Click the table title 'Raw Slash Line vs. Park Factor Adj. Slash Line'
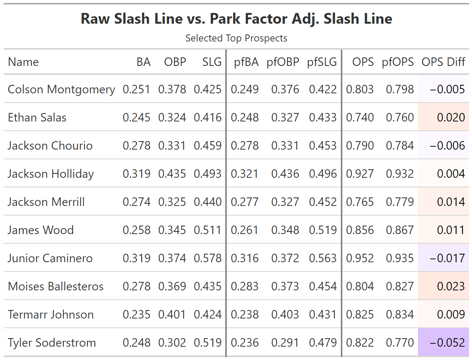click(x=236, y=19)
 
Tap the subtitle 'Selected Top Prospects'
click(x=236, y=38)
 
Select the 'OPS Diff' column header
click(x=443, y=62)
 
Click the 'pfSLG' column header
click(x=322, y=62)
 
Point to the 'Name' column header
click(x=23, y=62)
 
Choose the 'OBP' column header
click(x=175, y=62)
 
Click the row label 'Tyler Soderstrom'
click(x=52, y=343)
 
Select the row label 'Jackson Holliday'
click(x=51, y=174)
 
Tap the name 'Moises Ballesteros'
click(x=56, y=286)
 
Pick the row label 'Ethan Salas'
click(x=37, y=117)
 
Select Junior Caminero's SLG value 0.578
click(x=207, y=258)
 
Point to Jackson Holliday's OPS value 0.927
click(x=360, y=174)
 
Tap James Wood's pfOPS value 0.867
click(x=399, y=230)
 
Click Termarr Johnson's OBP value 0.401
click(x=172, y=314)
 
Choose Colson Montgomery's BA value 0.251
click(x=136, y=89)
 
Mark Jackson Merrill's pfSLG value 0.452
click(x=323, y=202)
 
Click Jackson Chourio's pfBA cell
click(x=245, y=146)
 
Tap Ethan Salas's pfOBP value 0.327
click(x=285, y=117)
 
